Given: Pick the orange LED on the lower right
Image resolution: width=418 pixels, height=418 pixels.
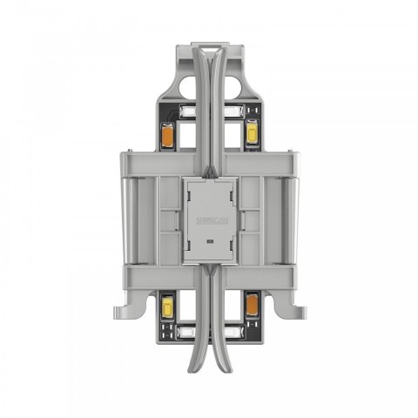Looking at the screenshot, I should point(252,304).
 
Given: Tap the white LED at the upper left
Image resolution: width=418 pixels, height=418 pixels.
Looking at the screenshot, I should point(185,112).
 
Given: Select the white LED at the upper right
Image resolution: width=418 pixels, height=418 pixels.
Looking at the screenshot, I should point(233,112).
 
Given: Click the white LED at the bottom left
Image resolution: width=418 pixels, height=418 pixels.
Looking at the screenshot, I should point(185,332).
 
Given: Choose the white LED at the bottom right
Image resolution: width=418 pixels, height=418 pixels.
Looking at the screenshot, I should point(233,332).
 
